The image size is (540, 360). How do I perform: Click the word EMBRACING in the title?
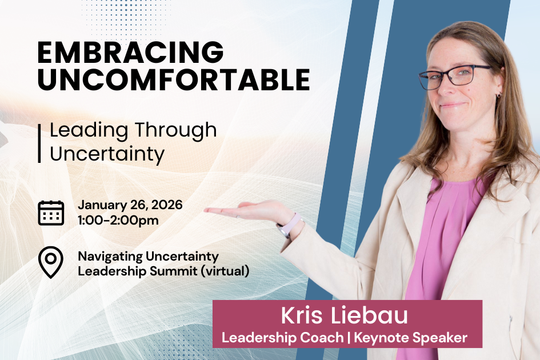[130, 53]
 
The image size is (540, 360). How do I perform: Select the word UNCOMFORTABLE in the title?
[174, 80]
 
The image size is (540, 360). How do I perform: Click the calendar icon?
[51, 212]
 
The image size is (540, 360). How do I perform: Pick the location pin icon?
[50, 262]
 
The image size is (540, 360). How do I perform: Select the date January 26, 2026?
[130, 205]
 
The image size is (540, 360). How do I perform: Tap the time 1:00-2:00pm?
[118, 220]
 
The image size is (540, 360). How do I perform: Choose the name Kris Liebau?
[345, 316]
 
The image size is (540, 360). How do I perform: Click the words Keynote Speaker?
[410, 337]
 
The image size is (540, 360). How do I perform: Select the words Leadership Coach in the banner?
[282, 337]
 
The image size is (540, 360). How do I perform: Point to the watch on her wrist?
[288, 225]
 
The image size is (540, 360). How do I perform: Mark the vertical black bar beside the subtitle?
[39, 143]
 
